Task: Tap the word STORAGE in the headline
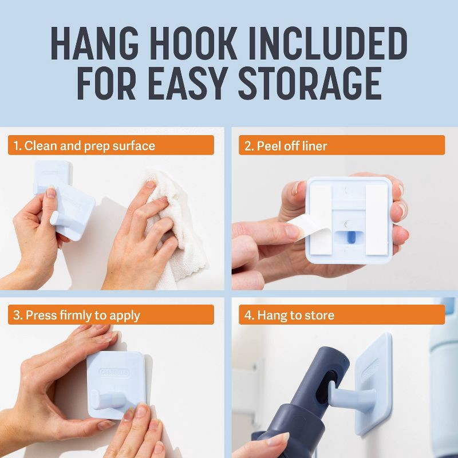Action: (x=310, y=84)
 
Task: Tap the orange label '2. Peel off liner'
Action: (x=341, y=145)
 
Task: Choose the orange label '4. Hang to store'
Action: (x=341, y=314)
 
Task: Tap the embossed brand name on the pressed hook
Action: (x=114, y=373)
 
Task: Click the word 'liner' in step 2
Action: (x=314, y=145)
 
